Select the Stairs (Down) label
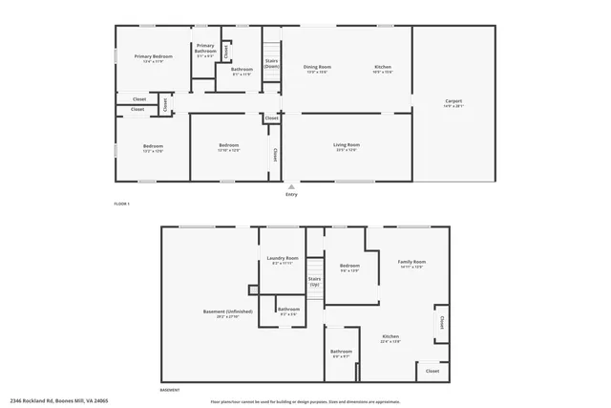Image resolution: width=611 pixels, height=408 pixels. [271, 64]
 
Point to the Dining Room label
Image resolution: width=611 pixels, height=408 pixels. [316, 69]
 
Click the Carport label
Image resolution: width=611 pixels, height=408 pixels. [453, 102]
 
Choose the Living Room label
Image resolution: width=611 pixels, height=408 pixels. [346, 146]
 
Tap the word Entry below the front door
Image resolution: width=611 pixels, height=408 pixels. [291, 195]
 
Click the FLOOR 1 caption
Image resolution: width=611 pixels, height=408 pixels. [121, 204]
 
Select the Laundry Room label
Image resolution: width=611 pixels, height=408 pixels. [284, 260]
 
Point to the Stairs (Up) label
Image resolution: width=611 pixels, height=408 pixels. [314, 283]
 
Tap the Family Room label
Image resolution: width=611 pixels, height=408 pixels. [411, 263]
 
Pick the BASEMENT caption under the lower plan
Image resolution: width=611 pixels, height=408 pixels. [169, 390]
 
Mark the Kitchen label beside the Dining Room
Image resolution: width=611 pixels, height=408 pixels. [382, 69]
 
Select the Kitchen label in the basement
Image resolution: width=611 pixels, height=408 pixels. [390, 338]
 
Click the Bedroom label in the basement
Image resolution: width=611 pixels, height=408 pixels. [349, 267]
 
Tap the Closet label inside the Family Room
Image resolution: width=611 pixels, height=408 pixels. [442, 323]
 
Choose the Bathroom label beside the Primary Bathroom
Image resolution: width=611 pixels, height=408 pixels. [242, 71]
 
